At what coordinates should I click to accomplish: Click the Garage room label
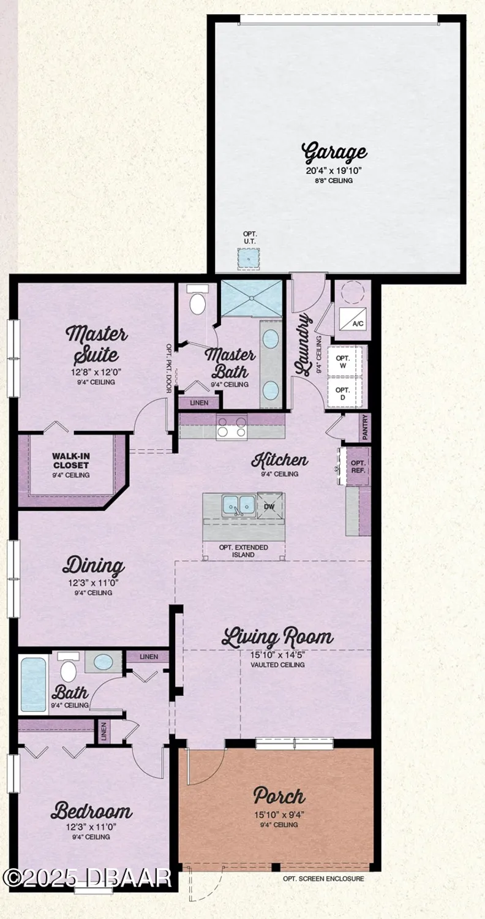(x=335, y=151)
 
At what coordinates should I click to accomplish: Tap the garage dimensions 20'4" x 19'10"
(x=335, y=171)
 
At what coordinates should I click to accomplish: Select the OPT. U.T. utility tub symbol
(x=249, y=259)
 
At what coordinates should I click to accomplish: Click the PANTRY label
(x=366, y=427)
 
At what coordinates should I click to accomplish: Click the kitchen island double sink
(x=239, y=505)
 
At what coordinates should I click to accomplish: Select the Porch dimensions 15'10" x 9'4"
(x=279, y=815)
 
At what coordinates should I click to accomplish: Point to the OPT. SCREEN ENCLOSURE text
(x=323, y=879)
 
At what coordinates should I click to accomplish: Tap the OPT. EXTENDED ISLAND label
(x=244, y=551)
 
